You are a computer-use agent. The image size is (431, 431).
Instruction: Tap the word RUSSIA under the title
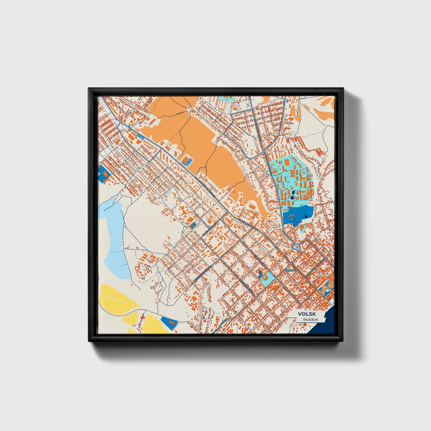(310, 319)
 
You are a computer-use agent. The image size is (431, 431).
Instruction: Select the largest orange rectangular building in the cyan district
(287, 163)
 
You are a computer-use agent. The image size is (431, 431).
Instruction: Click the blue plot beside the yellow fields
(169, 322)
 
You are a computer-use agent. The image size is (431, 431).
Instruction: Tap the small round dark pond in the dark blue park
(306, 216)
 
